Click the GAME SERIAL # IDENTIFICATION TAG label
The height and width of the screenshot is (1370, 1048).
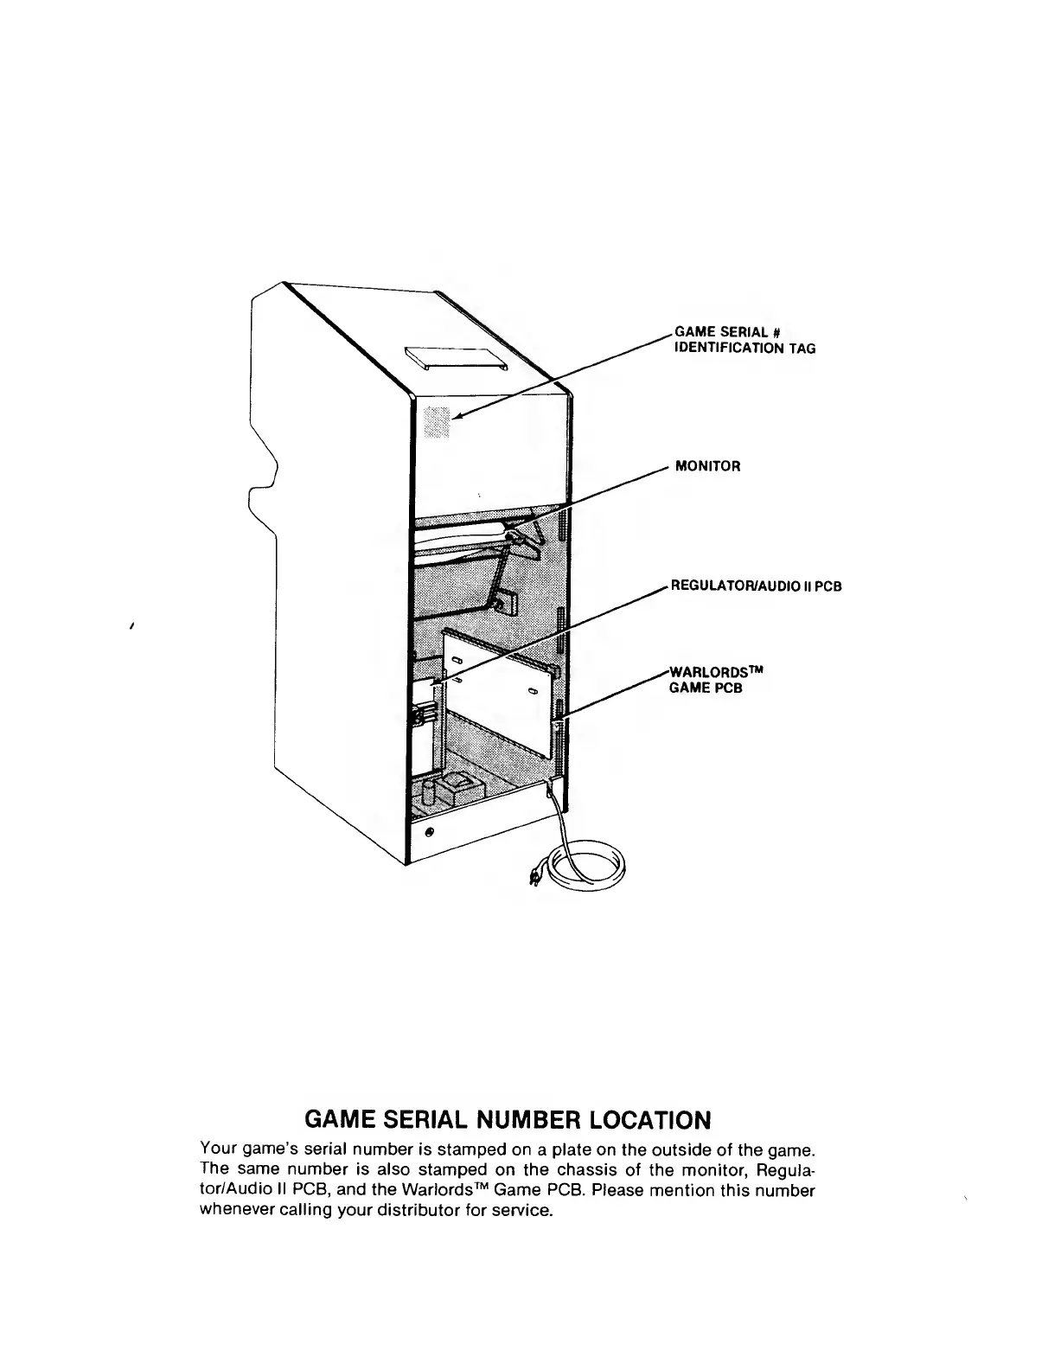[744, 340]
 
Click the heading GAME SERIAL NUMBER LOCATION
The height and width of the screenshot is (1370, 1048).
[508, 1120]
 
